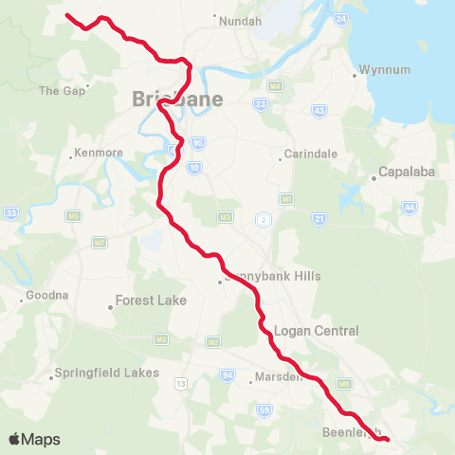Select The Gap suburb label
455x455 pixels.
click(x=61, y=91)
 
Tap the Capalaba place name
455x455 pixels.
click(x=406, y=173)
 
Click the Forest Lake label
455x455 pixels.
click(x=151, y=300)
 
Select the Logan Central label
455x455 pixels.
click(x=316, y=331)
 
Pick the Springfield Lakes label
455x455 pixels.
click(x=100, y=373)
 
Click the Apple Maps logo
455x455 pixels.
click(x=34, y=439)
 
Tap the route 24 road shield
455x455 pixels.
click(x=341, y=19)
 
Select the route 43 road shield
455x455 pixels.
click(x=318, y=111)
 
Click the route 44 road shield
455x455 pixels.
click(x=409, y=208)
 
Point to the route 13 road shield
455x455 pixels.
click(x=180, y=384)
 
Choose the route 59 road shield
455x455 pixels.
click(x=264, y=409)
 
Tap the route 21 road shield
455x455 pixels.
click(x=319, y=219)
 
